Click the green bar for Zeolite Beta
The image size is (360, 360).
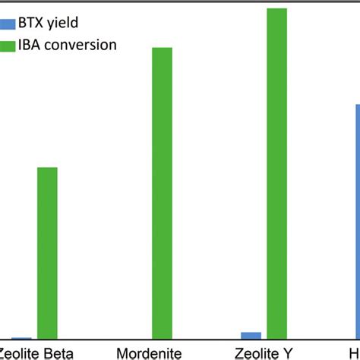click(x=47, y=253)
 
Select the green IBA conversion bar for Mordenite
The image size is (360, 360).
click(x=162, y=193)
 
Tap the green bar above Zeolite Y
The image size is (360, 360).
click(x=276, y=173)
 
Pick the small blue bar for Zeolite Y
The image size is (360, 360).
click(x=251, y=335)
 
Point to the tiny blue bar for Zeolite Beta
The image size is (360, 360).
click(x=21, y=337)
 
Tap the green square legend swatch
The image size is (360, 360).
click(x=7, y=46)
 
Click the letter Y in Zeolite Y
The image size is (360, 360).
click(x=286, y=352)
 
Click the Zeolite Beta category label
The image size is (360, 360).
click(x=36, y=352)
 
